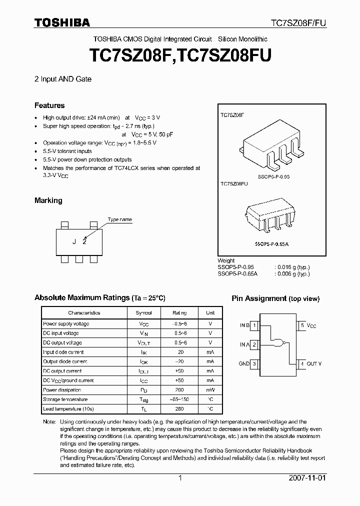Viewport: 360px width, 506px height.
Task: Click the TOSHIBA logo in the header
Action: point(62,22)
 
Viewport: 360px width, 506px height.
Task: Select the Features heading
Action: point(49,105)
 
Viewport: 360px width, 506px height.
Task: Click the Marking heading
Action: point(48,200)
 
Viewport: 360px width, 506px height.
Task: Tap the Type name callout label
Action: point(120,219)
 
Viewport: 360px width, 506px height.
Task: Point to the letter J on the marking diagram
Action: point(74,241)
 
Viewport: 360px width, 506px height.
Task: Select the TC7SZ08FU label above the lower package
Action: point(234,184)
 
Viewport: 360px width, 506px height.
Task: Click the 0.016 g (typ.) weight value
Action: point(293,267)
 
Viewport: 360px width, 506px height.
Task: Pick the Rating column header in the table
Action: point(179,312)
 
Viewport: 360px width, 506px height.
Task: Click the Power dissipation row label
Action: point(62,389)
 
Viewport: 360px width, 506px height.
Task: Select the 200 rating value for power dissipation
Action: point(179,389)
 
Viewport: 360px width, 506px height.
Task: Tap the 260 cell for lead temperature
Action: point(179,408)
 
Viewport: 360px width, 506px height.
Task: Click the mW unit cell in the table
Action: point(210,389)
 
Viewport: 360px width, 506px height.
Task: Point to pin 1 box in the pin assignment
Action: point(254,325)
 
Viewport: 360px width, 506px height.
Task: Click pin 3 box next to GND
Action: point(254,363)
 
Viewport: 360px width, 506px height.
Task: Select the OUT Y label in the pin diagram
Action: point(314,363)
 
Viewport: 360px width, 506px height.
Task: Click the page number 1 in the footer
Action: point(180,478)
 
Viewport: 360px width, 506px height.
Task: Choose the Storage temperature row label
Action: point(65,399)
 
